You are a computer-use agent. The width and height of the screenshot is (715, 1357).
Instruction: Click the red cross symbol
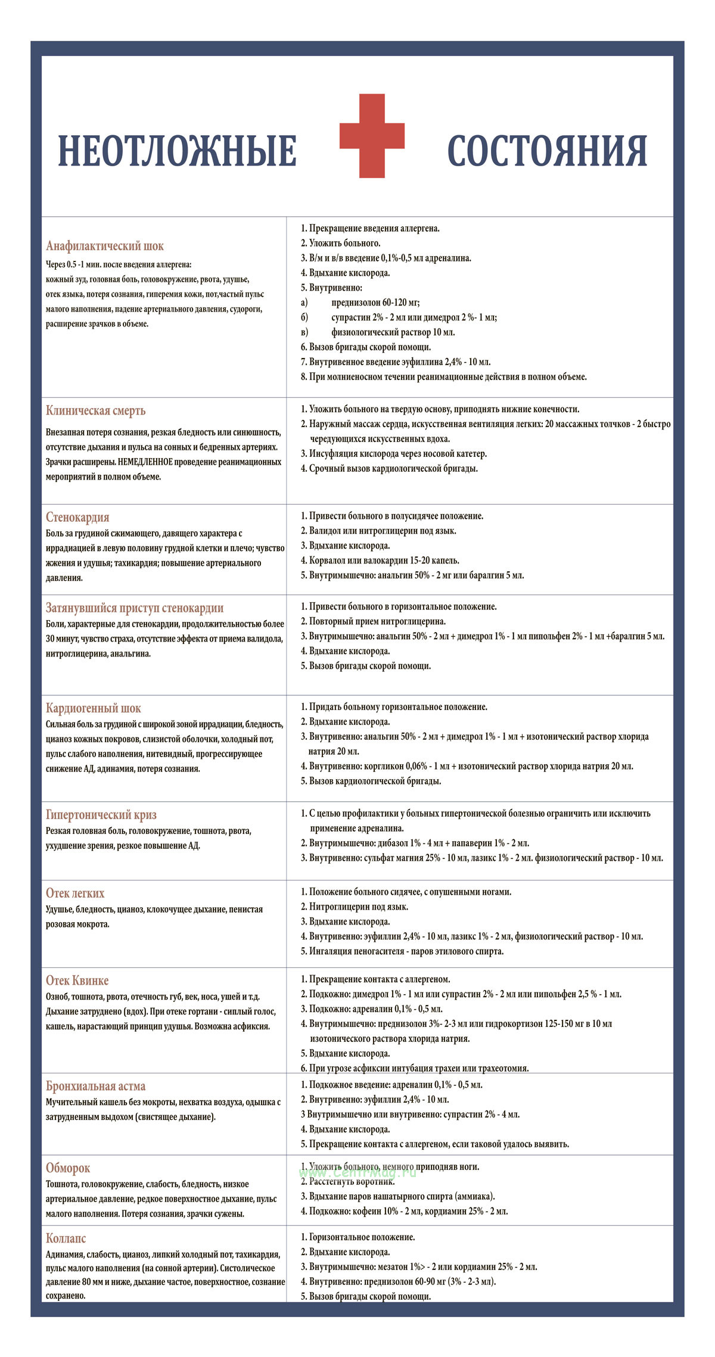[372, 136]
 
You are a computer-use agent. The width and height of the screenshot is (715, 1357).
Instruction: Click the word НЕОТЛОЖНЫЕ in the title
[177, 151]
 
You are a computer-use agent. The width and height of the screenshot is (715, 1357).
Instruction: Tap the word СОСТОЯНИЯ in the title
[547, 151]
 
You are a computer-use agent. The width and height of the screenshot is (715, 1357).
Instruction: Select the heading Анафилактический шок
[104, 246]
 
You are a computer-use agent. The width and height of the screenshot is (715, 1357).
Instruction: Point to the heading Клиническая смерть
[95, 410]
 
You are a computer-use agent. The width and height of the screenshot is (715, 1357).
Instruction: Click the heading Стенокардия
[77, 517]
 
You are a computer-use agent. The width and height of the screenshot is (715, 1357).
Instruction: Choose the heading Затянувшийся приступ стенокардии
[135, 608]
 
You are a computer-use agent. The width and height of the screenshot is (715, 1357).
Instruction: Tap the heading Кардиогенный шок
[93, 708]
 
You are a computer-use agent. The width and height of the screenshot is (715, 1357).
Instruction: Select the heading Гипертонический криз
[101, 815]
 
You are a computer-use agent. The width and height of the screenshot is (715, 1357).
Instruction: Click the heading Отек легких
[75, 894]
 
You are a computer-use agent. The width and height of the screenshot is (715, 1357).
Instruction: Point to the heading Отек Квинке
[77, 981]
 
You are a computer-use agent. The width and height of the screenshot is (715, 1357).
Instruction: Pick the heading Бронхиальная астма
[95, 1086]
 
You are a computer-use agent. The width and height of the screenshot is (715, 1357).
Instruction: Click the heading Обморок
[68, 1168]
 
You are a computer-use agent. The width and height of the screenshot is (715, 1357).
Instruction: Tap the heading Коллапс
[66, 1238]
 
